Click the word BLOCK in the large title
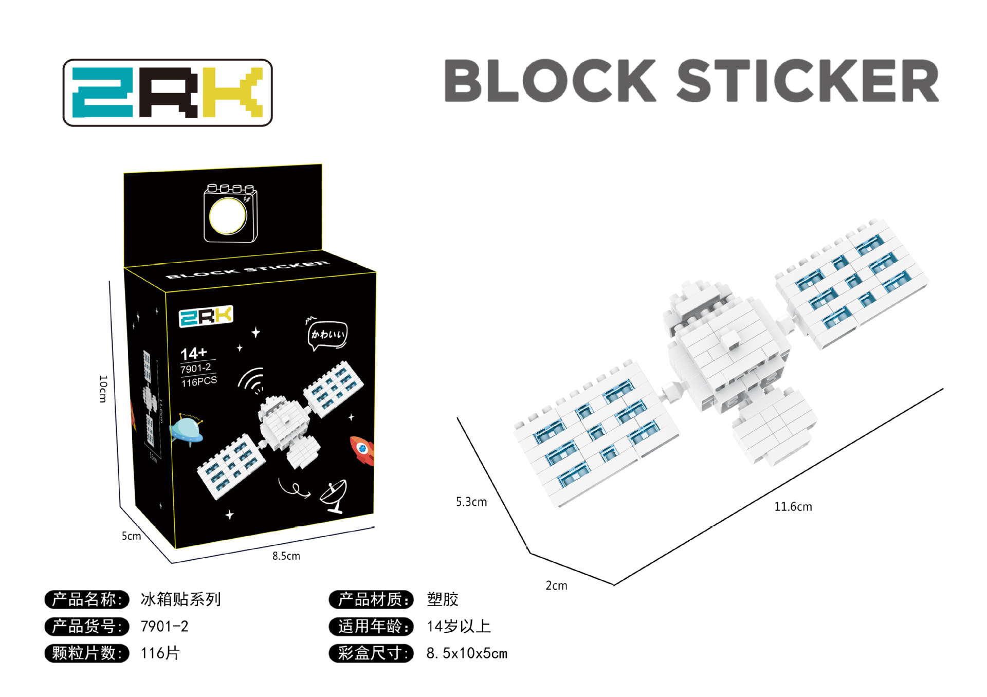pyautogui.click(x=550, y=81)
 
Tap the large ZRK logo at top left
pyautogui.click(x=168, y=93)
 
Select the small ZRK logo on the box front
pyautogui.click(x=206, y=316)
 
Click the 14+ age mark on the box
pyautogui.click(x=193, y=354)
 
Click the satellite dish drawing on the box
pyautogui.click(x=334, y=496)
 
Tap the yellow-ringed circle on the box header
pyautogui.click(x=228, y=216)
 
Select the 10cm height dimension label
pyautogui.click(x=103, y=389)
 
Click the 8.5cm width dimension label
pyautogui.click(x=286, y=556)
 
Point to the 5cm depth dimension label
pyautogui.click(x=131, y=536)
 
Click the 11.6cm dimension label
pyautogui.click(x=793, y=507)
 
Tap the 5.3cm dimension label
pyautogui.click(x=471, y=502)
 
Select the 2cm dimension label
pyautogui.click(x=556, y=585)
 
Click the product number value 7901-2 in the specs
pyautogui.click(x=164, y=626)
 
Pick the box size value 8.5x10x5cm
pyautogui.click(x=467, y=653)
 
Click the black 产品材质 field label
pyautogui.click(x=371, y=599)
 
